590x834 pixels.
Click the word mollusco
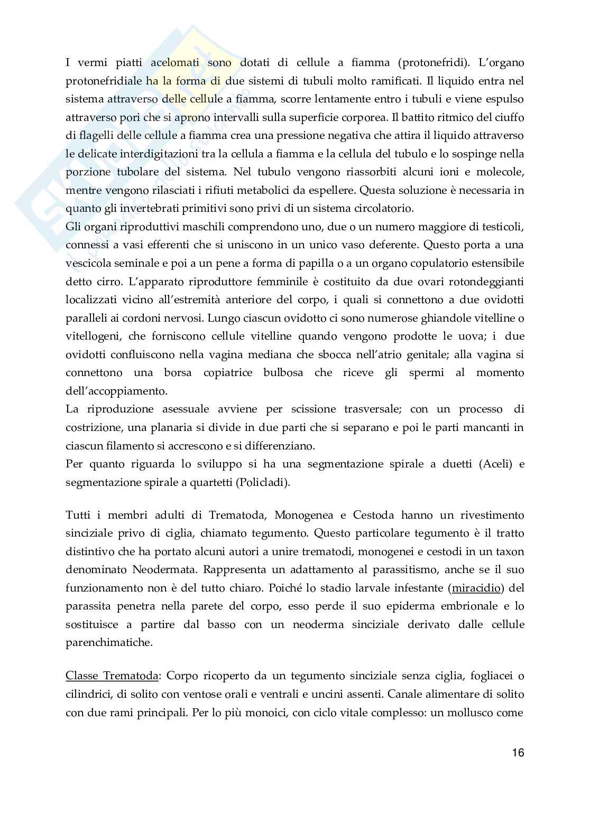[476, 712]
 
